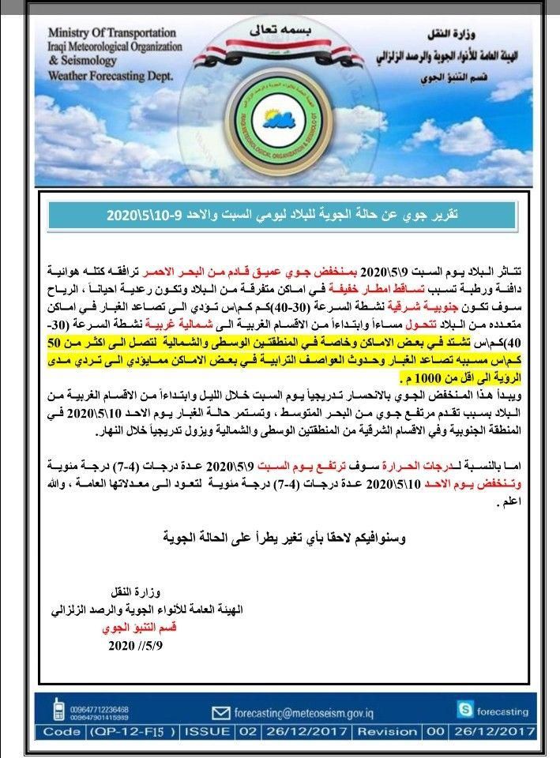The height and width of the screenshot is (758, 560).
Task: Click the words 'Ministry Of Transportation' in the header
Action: pos(111,33)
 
